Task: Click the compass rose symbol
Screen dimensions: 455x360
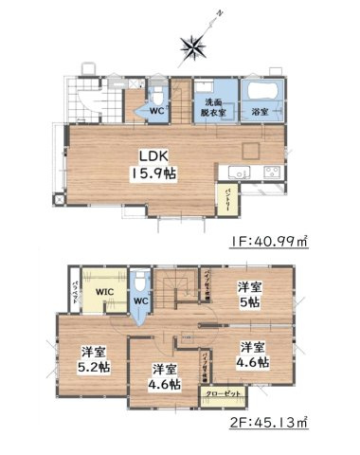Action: tap(193, 44)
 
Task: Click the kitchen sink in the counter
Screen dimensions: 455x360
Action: tap(237, 172)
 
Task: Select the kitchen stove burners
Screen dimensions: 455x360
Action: tap(270, 172)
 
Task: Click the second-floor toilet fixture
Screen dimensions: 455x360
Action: tap(140, 282)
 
